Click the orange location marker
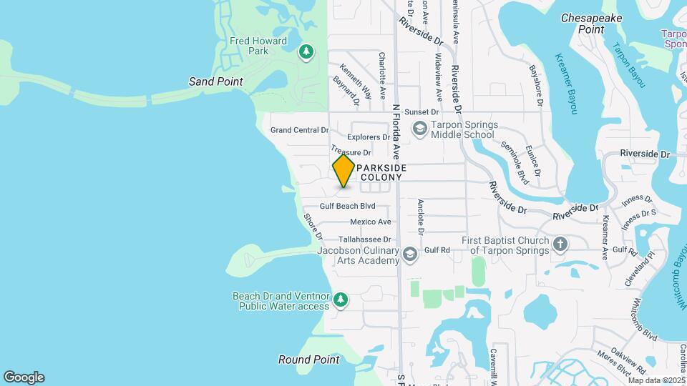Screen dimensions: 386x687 coord(343,171)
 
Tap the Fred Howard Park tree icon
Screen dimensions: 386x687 coord(306,51)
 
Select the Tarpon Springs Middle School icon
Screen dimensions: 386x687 coord(419,128)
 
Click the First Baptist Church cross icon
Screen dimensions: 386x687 coord(560,244)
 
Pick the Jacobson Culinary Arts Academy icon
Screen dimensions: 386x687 coord(410,254)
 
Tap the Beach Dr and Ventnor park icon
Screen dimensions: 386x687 coord(341,300)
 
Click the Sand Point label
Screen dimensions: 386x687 coord(215,81)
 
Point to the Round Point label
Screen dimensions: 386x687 coord(308,360)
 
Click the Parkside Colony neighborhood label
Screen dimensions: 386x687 coord(383,172)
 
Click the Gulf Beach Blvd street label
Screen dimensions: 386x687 coord(347,206)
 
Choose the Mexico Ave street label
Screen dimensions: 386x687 coord(370,222)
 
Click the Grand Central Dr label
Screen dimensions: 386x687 coord(299,130)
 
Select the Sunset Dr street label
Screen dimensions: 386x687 coord(421,112)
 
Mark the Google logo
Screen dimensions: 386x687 coord(24,377)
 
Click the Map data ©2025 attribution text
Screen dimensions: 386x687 coord(656,380)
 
